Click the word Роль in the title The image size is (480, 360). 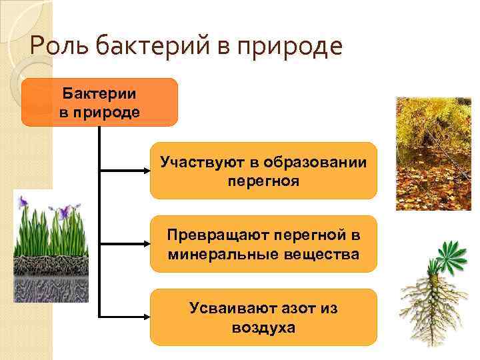click(x=57, y=47)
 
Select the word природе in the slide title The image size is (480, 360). click(x=301, y=47)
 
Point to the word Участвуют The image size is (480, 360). click(x=194, y=162)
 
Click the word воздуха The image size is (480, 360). click(x=263, y=327)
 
